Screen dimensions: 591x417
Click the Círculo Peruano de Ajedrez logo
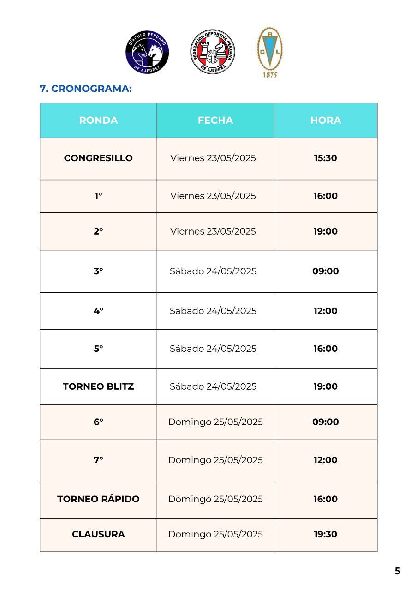[x=148, y=53]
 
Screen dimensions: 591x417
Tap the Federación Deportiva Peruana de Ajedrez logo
[x=212, y=52]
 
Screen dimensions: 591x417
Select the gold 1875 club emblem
[x=270, y=52]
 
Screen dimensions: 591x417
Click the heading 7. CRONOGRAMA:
[x=86, y=89]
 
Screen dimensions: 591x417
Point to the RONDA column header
[x=98, y=121]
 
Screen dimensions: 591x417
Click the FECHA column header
[x=215, y=121]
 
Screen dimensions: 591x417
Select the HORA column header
[x=326, y=121]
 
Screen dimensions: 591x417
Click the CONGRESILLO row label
[x=98, y=158]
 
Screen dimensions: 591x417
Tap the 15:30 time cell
[x=326, y=158]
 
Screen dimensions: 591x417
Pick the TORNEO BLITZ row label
[x=98, y=386]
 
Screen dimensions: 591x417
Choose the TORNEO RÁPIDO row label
[x=98, y=499]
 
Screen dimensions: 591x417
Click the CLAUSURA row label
[x=98, y=534]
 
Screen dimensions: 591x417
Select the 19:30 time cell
[x=326, y=534]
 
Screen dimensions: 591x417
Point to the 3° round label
[x=98, y=271]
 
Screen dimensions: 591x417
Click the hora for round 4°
[x=326, y=311]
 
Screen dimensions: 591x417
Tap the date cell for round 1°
[x=213, y=196]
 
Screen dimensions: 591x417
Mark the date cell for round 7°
[x=215, y=460]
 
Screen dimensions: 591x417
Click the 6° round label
[x=98, y=422]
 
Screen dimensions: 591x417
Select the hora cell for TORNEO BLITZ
[x=326, y=386]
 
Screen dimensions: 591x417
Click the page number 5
[x=397, y=571]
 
